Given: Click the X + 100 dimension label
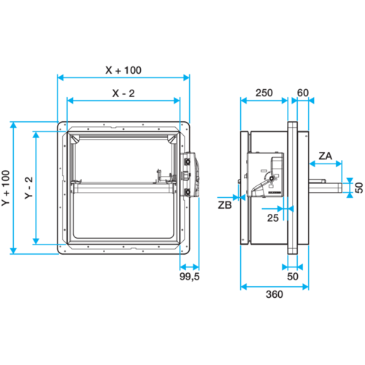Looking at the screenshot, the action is [x=123, y=70].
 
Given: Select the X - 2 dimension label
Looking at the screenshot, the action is [x=123, y=93].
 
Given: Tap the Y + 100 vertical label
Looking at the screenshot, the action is [x=6, y=188].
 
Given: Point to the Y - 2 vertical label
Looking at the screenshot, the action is [x=28, y=188].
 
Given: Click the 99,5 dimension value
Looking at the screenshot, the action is [x=190, y=277].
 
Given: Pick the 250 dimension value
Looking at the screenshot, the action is [x=264, y=93].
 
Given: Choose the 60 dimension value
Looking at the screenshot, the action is [x=303, y=93].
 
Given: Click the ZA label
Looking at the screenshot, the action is [x=326, y=155].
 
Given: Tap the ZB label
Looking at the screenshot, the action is [x=225, y=205].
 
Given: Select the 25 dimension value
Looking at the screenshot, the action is [x=273, y=218].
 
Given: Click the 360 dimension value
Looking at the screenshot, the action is [x=274, y=294].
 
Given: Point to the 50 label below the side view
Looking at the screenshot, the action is [x=293, y=277].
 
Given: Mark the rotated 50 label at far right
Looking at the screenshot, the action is [x=359, y=188].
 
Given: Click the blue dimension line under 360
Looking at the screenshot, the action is [x=274, y=287].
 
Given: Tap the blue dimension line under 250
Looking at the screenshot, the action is [x=264, y=100].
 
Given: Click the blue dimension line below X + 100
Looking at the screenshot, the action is [x=123, y=77].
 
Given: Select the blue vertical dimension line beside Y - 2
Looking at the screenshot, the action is [x=36, y=188].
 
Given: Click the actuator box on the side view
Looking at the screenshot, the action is [x=265, y=174].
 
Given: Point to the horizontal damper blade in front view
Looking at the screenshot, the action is [x=123, y=188].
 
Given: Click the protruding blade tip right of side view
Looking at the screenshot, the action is [x=326, y=188].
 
